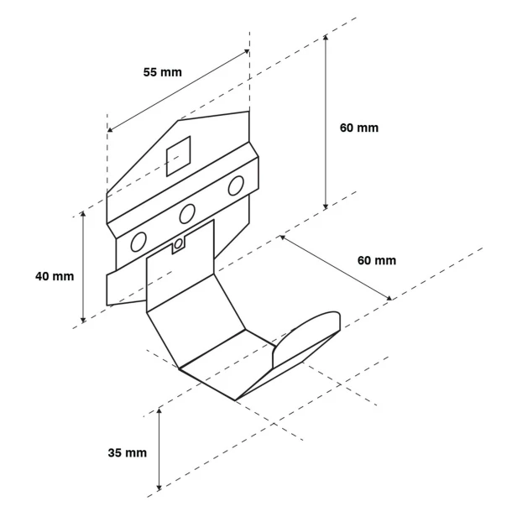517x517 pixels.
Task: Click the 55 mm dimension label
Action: pos(163,72)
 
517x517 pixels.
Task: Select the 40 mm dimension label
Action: pos(55,276)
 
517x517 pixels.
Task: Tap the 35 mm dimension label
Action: pos(128,452)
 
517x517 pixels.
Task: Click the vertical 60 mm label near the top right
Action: pos(359,128)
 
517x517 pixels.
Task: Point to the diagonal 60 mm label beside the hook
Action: pos(377,260)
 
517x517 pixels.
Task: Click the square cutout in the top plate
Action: pos(179,156)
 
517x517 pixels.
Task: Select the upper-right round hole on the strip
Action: pos(236,185)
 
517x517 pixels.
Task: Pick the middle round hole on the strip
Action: pos(187,214)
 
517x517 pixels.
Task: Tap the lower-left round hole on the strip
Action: pos(138,242)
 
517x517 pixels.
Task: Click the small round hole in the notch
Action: pos(178,244)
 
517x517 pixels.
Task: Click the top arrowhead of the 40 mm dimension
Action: pos(83,214)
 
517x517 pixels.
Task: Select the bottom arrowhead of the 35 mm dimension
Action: pos(159,488)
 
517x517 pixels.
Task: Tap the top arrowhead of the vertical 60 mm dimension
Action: pos(326,37)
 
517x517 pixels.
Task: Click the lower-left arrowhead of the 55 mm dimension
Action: pos(110,129)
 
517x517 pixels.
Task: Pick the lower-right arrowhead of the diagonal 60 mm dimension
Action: pos(389,298)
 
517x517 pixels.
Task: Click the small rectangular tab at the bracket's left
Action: pos(126,288)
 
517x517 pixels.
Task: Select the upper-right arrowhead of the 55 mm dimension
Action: pos(246,51)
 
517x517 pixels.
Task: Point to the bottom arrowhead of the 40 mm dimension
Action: pos(83,320)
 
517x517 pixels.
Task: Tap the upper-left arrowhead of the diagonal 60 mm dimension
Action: pos(283,238)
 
